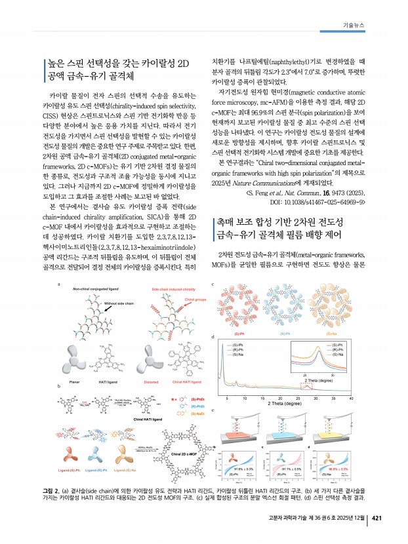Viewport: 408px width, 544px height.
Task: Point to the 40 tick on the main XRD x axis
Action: click(x=352, y=398)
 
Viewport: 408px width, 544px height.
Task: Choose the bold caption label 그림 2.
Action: click(x=51, y=490)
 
